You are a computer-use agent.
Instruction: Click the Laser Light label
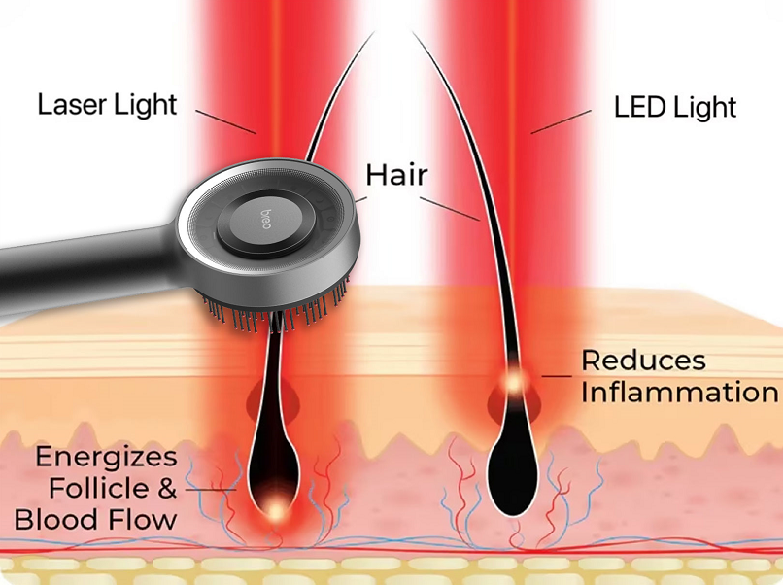tap(108, 104)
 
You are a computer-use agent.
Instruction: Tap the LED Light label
tap(675, 106)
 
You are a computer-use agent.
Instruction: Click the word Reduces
tap(643, 361)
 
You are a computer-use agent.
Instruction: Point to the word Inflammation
tap(679, 393)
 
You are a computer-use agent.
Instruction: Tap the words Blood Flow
tap(96, 519)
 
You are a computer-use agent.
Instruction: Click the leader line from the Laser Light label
tap(229, 122)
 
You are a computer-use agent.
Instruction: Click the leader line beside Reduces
tap(557, 375)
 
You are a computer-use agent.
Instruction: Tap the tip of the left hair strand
tap(373, 34)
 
